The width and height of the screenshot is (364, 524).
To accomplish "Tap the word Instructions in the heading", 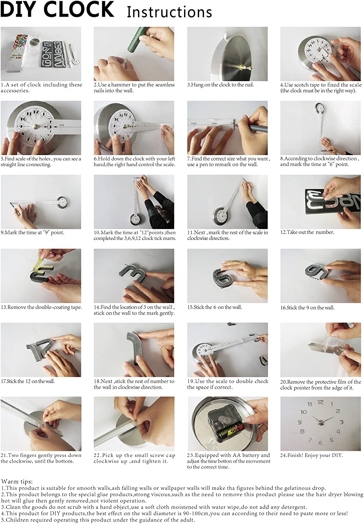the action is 169,12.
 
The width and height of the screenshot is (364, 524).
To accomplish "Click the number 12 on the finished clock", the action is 320,402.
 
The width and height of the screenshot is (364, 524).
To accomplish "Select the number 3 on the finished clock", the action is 342,422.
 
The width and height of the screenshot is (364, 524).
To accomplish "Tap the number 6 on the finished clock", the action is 320,443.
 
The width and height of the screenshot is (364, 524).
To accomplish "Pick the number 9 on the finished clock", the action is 299,422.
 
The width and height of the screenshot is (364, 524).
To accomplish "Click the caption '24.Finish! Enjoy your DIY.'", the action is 311,455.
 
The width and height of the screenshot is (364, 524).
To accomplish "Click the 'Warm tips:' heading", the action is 17,481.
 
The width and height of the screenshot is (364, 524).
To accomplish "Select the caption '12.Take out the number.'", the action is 307,232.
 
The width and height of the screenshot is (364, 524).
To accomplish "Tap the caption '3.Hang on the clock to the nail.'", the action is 220,85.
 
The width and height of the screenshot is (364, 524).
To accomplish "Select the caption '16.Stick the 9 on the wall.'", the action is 307,307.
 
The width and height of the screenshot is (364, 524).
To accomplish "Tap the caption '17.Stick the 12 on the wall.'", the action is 28,381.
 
